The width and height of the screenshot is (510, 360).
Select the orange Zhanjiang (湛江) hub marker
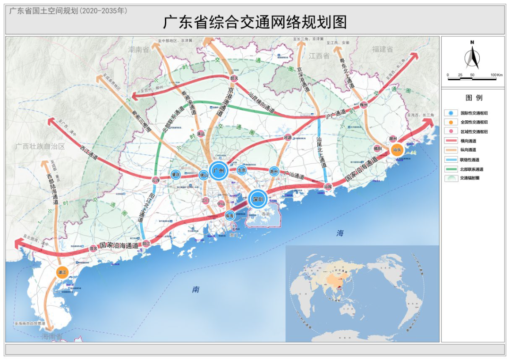coord(62,272)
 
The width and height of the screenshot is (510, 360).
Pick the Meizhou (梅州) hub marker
coord(364,105)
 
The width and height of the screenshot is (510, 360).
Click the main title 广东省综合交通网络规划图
coord(255,22)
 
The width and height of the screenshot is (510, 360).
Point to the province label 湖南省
coord(139,49)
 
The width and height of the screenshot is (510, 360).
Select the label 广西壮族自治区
coord(39,146)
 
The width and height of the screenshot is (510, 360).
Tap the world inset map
coord(362,293)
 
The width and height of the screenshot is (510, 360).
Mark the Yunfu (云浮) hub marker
coord(156,180)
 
